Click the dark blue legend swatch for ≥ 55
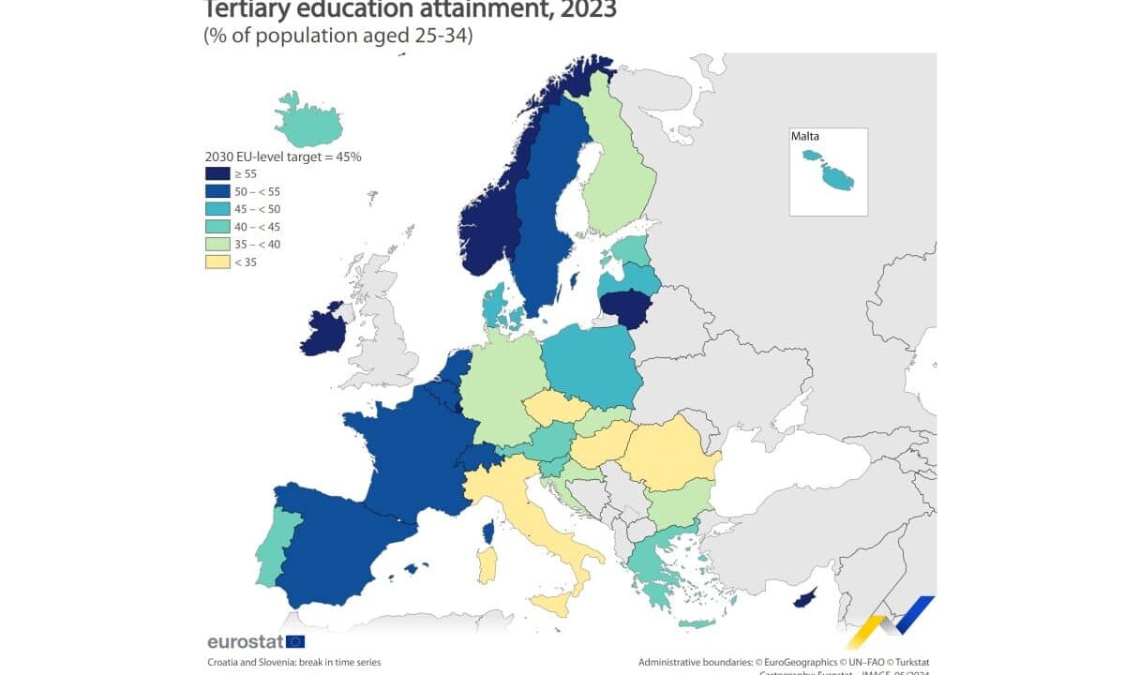coord(217,173)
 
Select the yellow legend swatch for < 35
coord(217,262)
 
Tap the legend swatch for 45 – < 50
coord(217,209)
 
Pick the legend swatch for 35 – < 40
coord(217,245)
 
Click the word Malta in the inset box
coord(805,137)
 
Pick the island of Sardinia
coord(487,564)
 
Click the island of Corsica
coord(488,533)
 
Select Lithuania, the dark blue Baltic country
coord(624,307)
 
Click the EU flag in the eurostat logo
coord(295,641)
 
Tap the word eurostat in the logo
coord(245,642)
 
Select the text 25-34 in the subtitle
coord(437,36)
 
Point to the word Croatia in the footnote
coord(224,662)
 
